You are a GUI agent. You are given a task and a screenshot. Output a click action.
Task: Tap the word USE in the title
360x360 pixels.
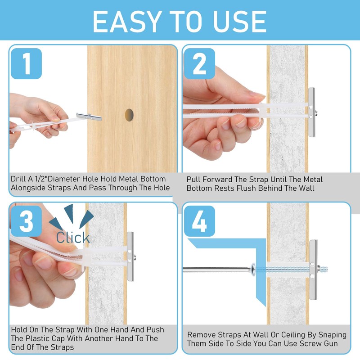pos(239,22)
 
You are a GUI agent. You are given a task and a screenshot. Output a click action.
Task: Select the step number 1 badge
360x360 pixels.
pos(27,63)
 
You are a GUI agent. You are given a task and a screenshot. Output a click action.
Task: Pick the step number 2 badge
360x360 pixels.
pos(199,63)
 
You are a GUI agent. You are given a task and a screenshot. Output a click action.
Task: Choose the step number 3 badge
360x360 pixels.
pos(27,221)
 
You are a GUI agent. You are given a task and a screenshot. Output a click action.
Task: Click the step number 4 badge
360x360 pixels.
pos(199,221)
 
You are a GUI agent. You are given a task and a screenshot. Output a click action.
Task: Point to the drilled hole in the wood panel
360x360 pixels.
pos(129,115)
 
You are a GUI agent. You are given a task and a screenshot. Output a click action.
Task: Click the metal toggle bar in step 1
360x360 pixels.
pos(89,117)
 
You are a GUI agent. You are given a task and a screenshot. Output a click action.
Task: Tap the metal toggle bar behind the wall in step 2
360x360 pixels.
pos(311,112)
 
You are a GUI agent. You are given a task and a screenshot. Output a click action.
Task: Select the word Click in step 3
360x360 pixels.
pos(73,238)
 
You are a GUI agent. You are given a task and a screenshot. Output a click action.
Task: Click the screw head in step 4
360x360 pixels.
pos(253,269)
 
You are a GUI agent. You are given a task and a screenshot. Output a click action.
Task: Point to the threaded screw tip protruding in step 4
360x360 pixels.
pos(322,269)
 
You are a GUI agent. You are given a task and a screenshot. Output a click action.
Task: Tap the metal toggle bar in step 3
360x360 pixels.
pos(130,256)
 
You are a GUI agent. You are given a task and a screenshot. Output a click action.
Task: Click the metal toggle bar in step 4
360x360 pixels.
pos(313,270)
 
